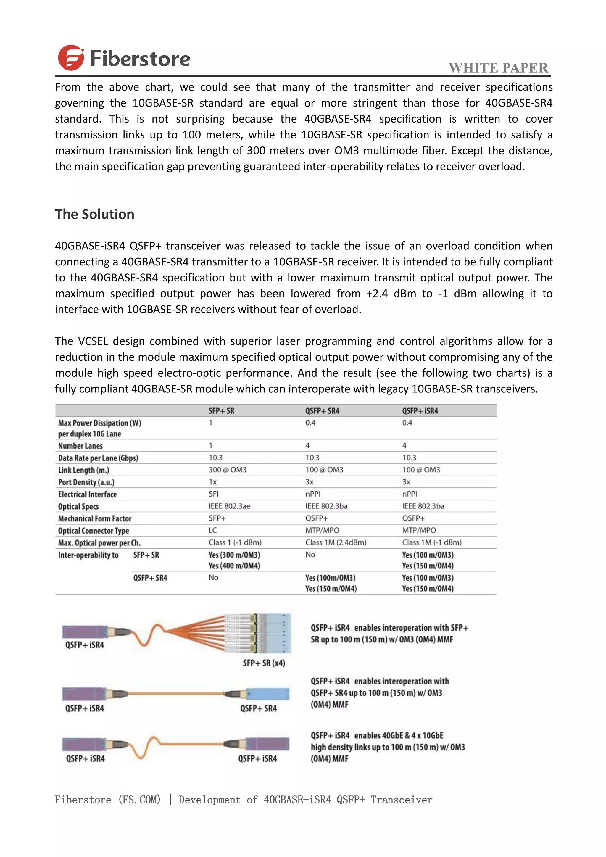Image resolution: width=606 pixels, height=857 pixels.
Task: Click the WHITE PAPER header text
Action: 498,68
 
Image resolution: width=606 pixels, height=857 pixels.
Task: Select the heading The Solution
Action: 94,214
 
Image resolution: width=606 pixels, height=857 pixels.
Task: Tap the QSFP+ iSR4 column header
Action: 420,411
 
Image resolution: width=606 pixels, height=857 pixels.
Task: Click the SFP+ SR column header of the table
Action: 221,411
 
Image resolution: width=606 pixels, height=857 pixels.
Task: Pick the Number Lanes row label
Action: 80,446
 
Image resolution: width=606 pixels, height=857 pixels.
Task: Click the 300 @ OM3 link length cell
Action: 228,470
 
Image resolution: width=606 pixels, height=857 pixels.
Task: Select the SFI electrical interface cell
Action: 213,494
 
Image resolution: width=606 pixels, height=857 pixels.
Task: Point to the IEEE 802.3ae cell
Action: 229,506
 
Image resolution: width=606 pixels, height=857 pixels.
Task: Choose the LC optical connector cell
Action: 213,530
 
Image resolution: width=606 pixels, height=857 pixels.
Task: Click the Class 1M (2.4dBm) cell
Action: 336,542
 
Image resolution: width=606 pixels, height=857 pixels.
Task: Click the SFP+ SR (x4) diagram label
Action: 264,663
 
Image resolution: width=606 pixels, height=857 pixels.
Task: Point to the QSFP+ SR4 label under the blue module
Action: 258,708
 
